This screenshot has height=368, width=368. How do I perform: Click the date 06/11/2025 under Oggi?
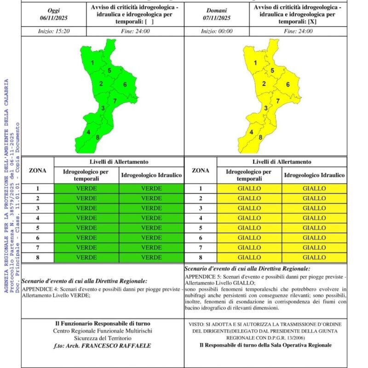click(x=53, y=18)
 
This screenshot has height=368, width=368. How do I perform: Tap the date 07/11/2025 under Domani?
click(x=217, y=18)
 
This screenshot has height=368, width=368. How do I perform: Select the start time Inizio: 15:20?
click(x=53, y=31)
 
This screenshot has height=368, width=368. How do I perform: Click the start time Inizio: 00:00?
click(x=217, y=31)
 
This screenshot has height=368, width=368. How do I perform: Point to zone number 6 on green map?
click(x=125, y=84)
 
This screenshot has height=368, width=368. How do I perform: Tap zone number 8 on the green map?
click(x=98, y=137)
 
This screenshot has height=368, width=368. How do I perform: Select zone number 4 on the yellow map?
click(x=251, y=132)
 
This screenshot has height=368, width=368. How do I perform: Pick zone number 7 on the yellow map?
click(x=278, y=101)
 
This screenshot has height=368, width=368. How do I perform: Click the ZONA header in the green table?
click(x=37, y=170)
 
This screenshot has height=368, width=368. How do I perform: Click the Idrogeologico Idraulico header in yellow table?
click(x=314, y=175)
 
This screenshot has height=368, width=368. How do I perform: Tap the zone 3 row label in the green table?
click(x=38, y=208)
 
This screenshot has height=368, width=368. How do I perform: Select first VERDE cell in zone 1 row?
click(x=86, y=189)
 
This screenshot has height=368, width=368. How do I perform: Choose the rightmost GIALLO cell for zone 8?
click(x=314, y=258)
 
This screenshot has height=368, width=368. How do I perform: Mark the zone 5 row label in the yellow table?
click(x=200, y=228)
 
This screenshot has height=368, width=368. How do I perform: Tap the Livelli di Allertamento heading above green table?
click(x=119, y=162)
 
